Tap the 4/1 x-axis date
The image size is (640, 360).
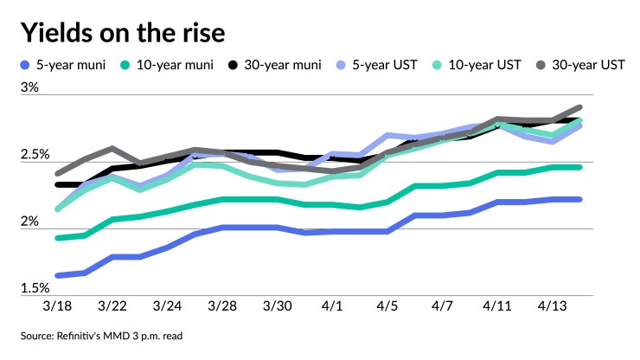pos(333,307)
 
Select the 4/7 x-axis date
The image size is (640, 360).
pos(442,307)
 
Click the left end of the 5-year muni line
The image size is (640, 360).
pos(58,275)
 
